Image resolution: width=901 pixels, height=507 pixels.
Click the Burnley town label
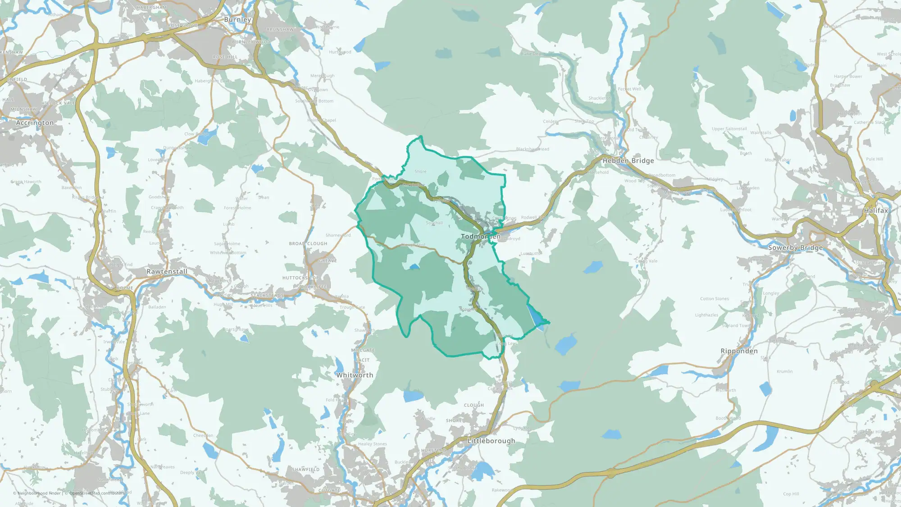[237, 20]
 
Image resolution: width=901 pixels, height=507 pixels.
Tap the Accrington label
[35, 123]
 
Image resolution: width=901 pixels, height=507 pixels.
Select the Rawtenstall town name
[167, 272]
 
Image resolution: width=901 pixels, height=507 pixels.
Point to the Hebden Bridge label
[628, 160]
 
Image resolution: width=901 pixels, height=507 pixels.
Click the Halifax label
[876, 210]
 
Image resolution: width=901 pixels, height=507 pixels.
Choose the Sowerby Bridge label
[795, 247]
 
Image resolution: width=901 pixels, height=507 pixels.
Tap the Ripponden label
[739, 351]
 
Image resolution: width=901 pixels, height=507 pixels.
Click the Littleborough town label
[491, 441]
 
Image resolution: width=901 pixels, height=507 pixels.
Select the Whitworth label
[355, 375]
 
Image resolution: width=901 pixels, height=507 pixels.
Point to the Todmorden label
[480, 237]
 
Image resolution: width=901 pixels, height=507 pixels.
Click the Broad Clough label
[308, 244]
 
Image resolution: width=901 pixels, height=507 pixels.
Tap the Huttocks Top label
[300, 278]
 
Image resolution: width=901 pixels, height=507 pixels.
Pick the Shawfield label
[305, 470]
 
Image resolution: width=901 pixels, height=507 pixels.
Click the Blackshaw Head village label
[532, 149]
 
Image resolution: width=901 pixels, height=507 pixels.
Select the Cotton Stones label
[714, 299]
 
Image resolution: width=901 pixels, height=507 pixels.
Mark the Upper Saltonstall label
[729, 129]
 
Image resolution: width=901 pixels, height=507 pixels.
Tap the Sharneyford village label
[338, 235]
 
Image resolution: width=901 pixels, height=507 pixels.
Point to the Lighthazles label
[706, 315]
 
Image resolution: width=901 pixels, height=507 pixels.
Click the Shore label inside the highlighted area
[420, 172]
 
